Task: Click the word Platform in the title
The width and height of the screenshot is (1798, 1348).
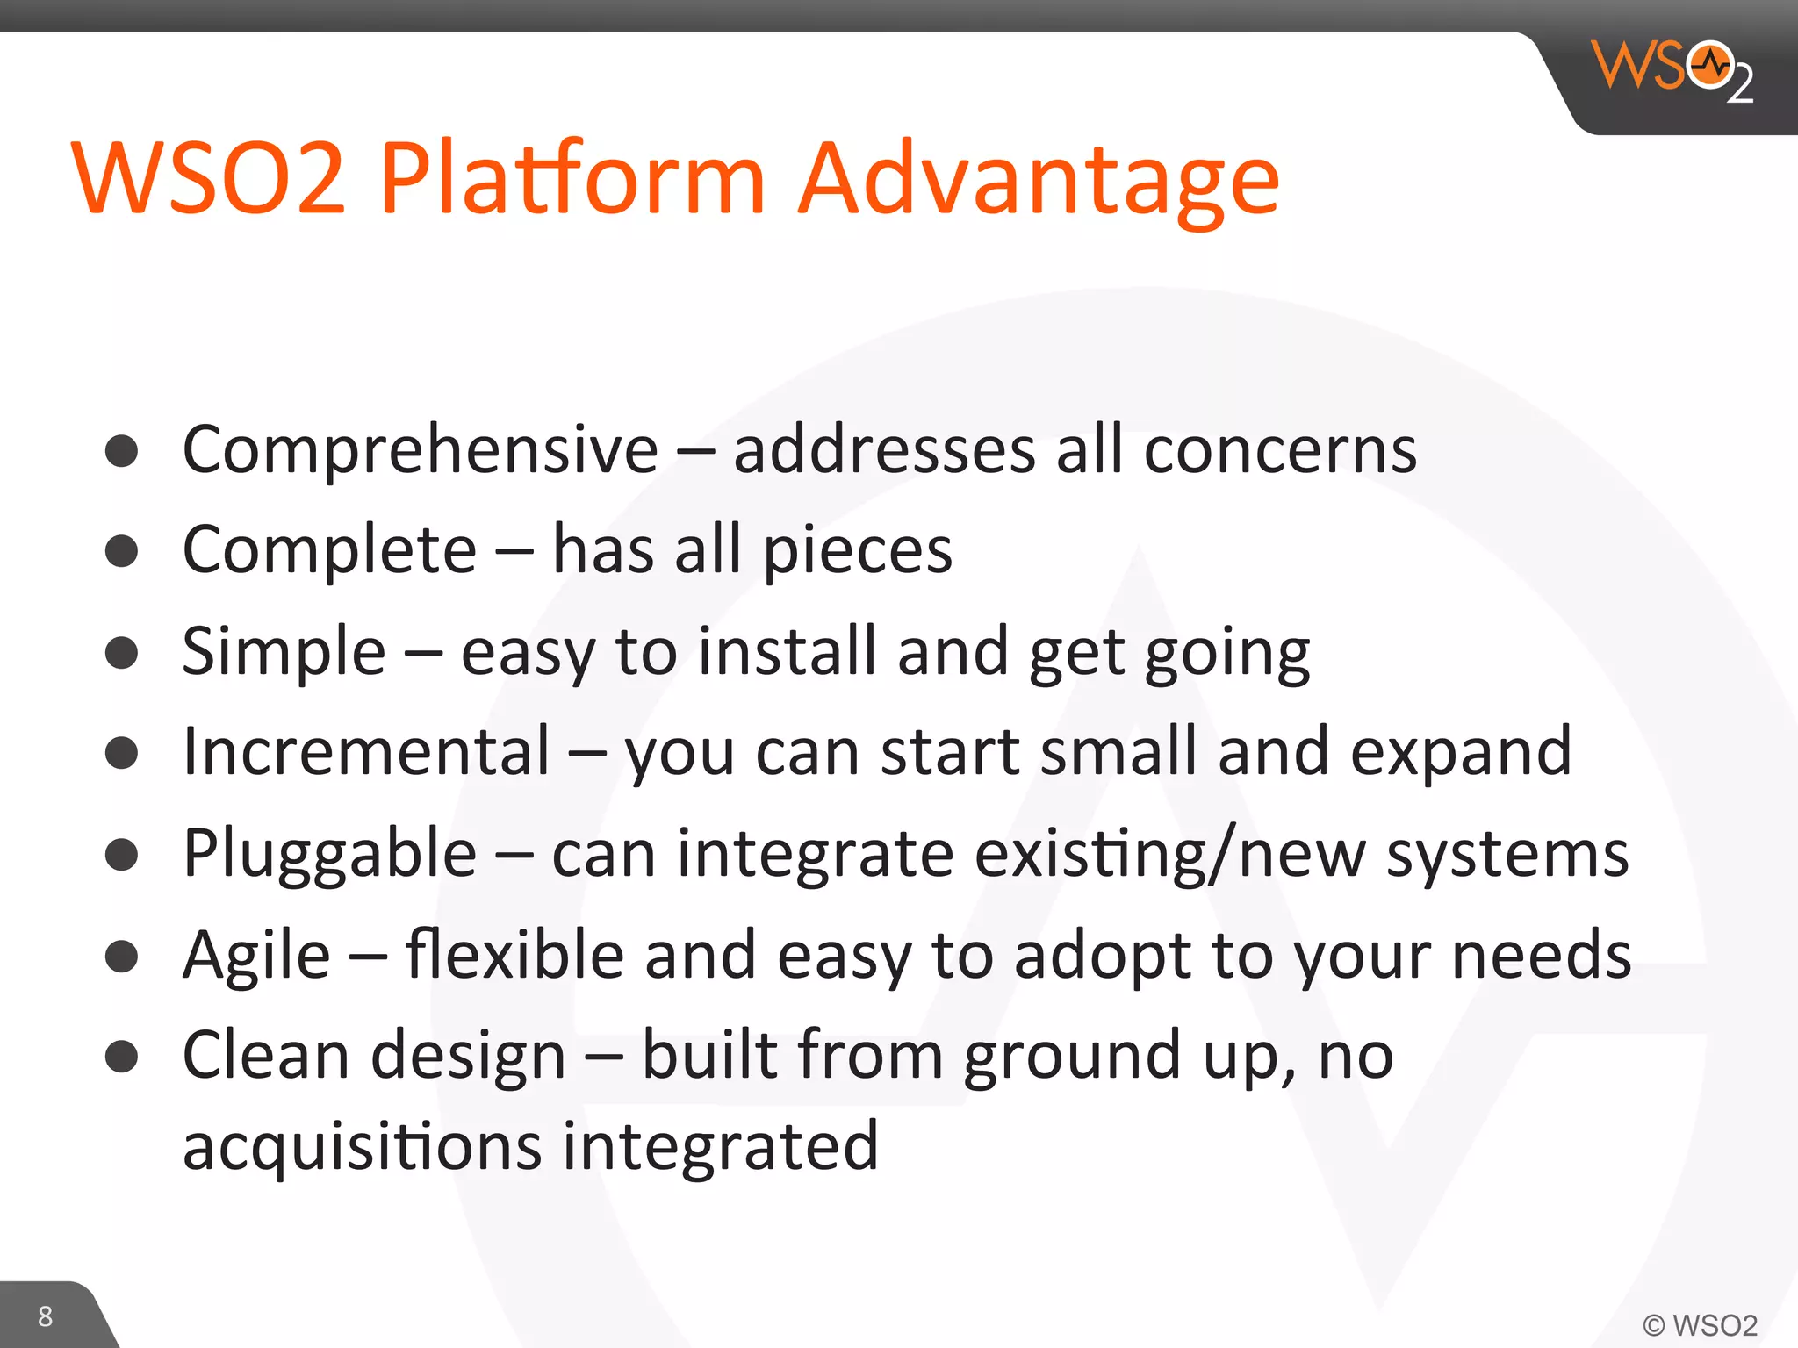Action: tap(572, 180)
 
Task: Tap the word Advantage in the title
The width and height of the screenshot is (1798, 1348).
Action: tap(1038, 180)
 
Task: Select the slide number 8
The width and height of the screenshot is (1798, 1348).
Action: tap(45, 1316)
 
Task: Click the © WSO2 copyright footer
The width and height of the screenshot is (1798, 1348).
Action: tap(1700, 1324)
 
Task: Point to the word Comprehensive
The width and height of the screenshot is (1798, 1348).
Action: tap(420, 451)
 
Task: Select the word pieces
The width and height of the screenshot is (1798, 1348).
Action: tap(857, 551)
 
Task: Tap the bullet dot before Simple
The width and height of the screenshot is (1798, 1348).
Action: tap(121, 653)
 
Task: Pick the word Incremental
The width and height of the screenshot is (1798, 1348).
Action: tap(366, 752)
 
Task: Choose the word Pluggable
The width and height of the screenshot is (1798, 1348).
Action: tap(329, 854)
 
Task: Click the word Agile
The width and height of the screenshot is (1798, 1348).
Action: tap(256, 955)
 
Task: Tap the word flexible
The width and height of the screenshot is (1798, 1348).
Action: tap(514, 955)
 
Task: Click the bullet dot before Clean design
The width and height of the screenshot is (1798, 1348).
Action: tap(121, 1057)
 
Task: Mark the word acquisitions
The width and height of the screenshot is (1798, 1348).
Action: tap(362, 1148)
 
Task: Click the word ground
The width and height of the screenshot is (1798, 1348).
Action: tap(1071, 1057)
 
